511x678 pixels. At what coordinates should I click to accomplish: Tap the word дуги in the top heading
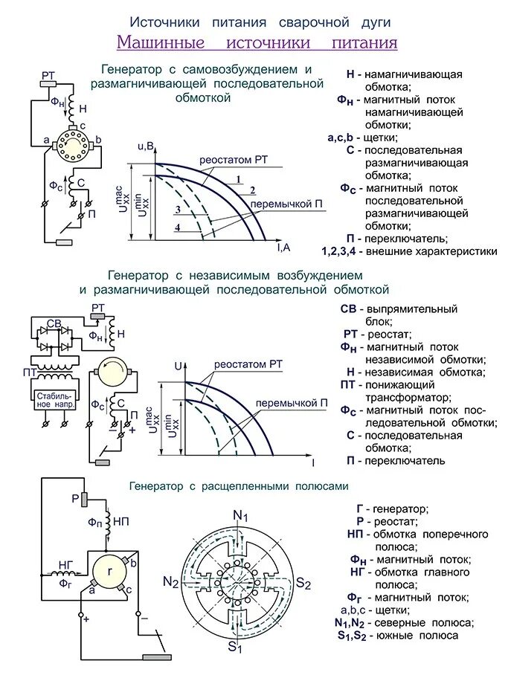pyautogui.click(x=370, y=22)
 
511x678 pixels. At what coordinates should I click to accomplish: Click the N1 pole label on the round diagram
pyautogui.click(x=240, y=516)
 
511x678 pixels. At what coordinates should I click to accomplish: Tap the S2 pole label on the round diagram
pyautogui.click(x=303, y=582)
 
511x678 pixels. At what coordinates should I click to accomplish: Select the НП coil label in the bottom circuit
pyautogui.click(x=122, y=522)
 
